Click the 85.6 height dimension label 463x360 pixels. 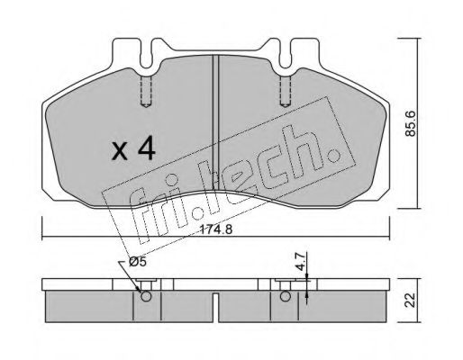[x=410, y=123]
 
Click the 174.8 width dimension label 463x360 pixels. [x=216, y=229]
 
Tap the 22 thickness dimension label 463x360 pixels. [x=410, y=300]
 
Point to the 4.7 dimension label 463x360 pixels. [x=301, y=262]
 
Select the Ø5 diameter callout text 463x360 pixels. [x=137, y=262]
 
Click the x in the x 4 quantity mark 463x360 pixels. [x=120, y=152]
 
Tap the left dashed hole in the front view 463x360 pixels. [x=146, y=91]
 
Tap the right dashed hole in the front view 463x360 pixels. [x=286, y=91]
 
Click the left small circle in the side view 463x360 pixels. [x=146, y=296]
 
